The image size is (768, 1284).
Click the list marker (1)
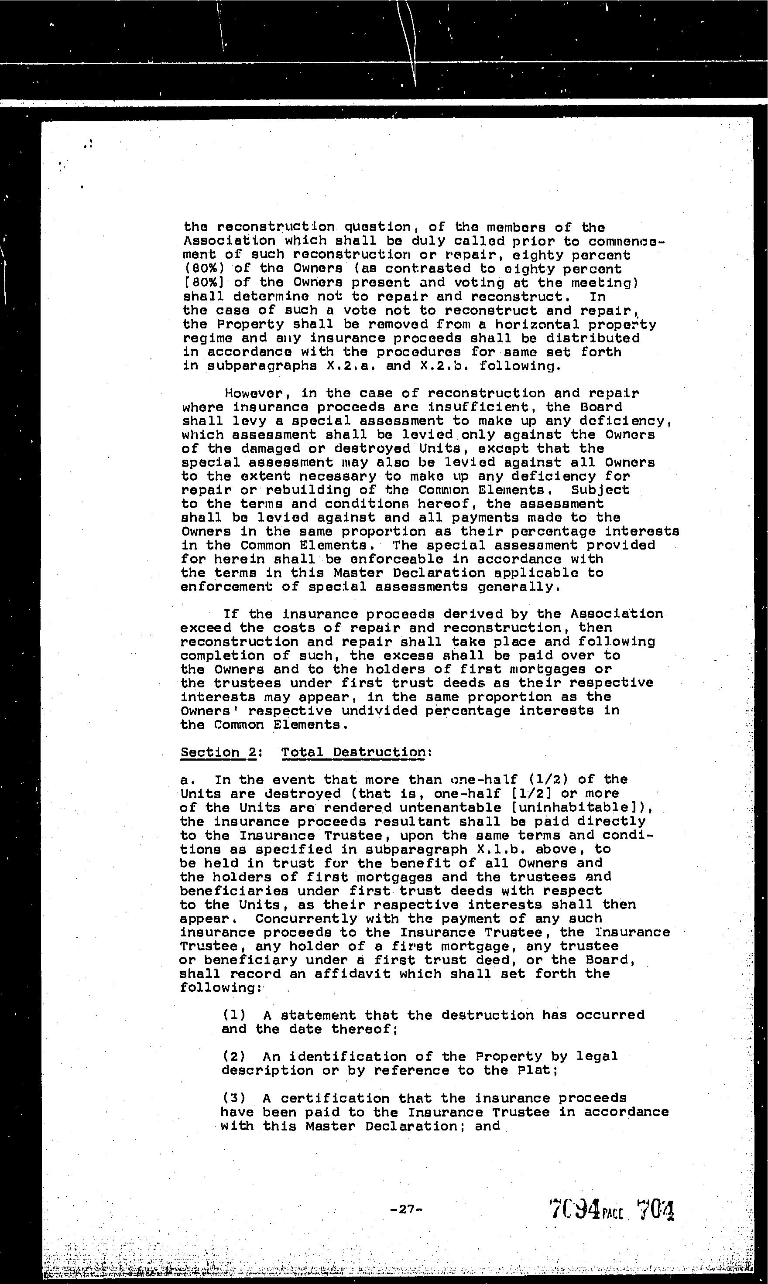[x=233, y=1015]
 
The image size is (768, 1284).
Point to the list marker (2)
[x=233, y=1056]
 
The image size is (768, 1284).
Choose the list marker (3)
[x=233, y=1098]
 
